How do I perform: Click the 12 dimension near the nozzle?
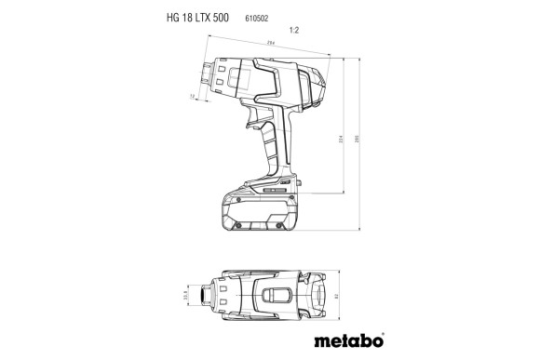coord(193,96)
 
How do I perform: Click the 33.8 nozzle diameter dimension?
coord(185,295)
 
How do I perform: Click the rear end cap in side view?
coord(317,87)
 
